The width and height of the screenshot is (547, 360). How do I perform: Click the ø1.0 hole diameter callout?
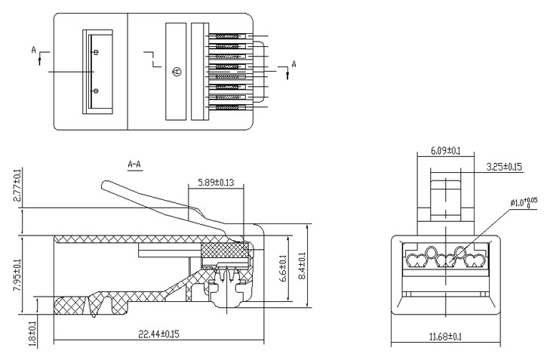[x=521, y=202]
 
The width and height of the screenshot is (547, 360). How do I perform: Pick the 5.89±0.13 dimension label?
[x=215, y=183]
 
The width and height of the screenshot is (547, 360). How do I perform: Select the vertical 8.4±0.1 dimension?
[x=303, y=266]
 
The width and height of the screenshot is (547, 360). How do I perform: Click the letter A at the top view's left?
[x=34, y=49]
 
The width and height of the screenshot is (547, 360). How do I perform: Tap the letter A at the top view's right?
[x=293, y=65]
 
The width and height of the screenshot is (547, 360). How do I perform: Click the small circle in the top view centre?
[x=175, y=72]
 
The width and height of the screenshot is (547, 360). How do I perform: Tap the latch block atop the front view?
[x=444, y=194]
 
